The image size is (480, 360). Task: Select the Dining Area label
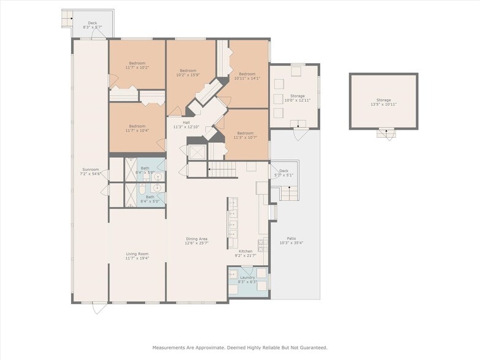197,239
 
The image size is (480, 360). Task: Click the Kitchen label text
245,251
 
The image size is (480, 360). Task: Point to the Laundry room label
247,277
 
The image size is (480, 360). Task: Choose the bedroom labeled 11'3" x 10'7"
245,135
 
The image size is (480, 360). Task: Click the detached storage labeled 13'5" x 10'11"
383,102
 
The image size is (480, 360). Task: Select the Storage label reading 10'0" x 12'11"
298,98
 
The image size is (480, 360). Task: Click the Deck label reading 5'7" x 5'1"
283,173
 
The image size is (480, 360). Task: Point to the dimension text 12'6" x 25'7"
197,243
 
